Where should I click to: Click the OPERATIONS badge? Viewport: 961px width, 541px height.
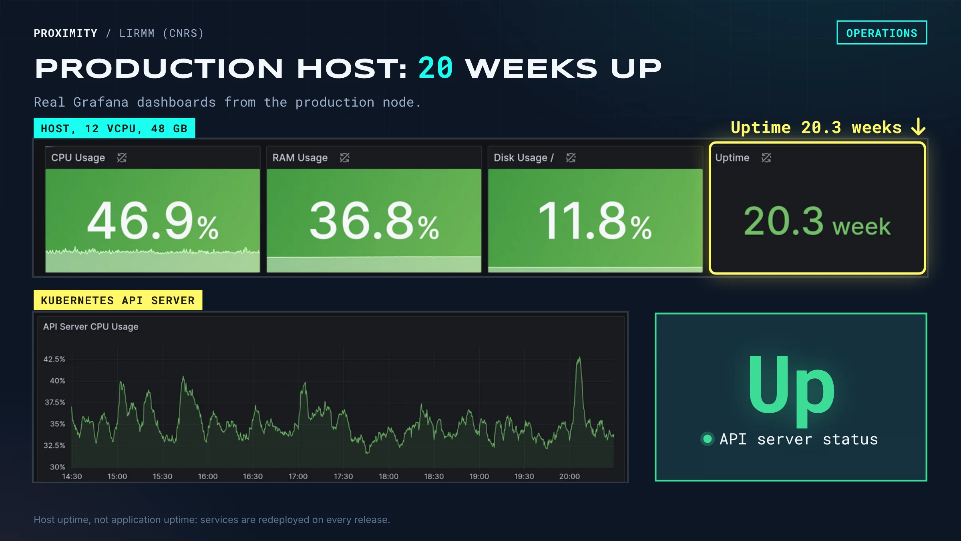click(882, 32)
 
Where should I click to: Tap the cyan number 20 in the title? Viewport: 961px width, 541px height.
click(436, 68)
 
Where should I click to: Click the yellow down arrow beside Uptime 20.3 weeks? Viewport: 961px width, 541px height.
click(918, 127)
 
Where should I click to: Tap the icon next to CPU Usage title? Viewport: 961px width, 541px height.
click(122, 158)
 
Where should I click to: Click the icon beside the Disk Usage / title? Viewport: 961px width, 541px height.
click(571, 158)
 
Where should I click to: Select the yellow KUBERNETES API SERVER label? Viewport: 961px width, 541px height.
click(118, 300)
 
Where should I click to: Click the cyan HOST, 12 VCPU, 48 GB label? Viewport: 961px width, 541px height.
click(114, 128)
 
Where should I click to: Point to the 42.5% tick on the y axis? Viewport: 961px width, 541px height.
click(54, 359)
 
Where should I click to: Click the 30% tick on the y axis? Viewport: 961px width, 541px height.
click(57, 467)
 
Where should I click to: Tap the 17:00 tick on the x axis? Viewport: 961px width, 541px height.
click(298, 476)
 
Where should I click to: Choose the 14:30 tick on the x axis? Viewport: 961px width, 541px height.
click(72, 476)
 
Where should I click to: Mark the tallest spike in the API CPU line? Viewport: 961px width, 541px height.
click(579, 358)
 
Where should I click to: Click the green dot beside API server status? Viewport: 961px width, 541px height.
click(708, 439)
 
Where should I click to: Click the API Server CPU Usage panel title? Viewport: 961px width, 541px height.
click(91, 327)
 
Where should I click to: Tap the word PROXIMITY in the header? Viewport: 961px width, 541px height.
click(66, 33)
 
